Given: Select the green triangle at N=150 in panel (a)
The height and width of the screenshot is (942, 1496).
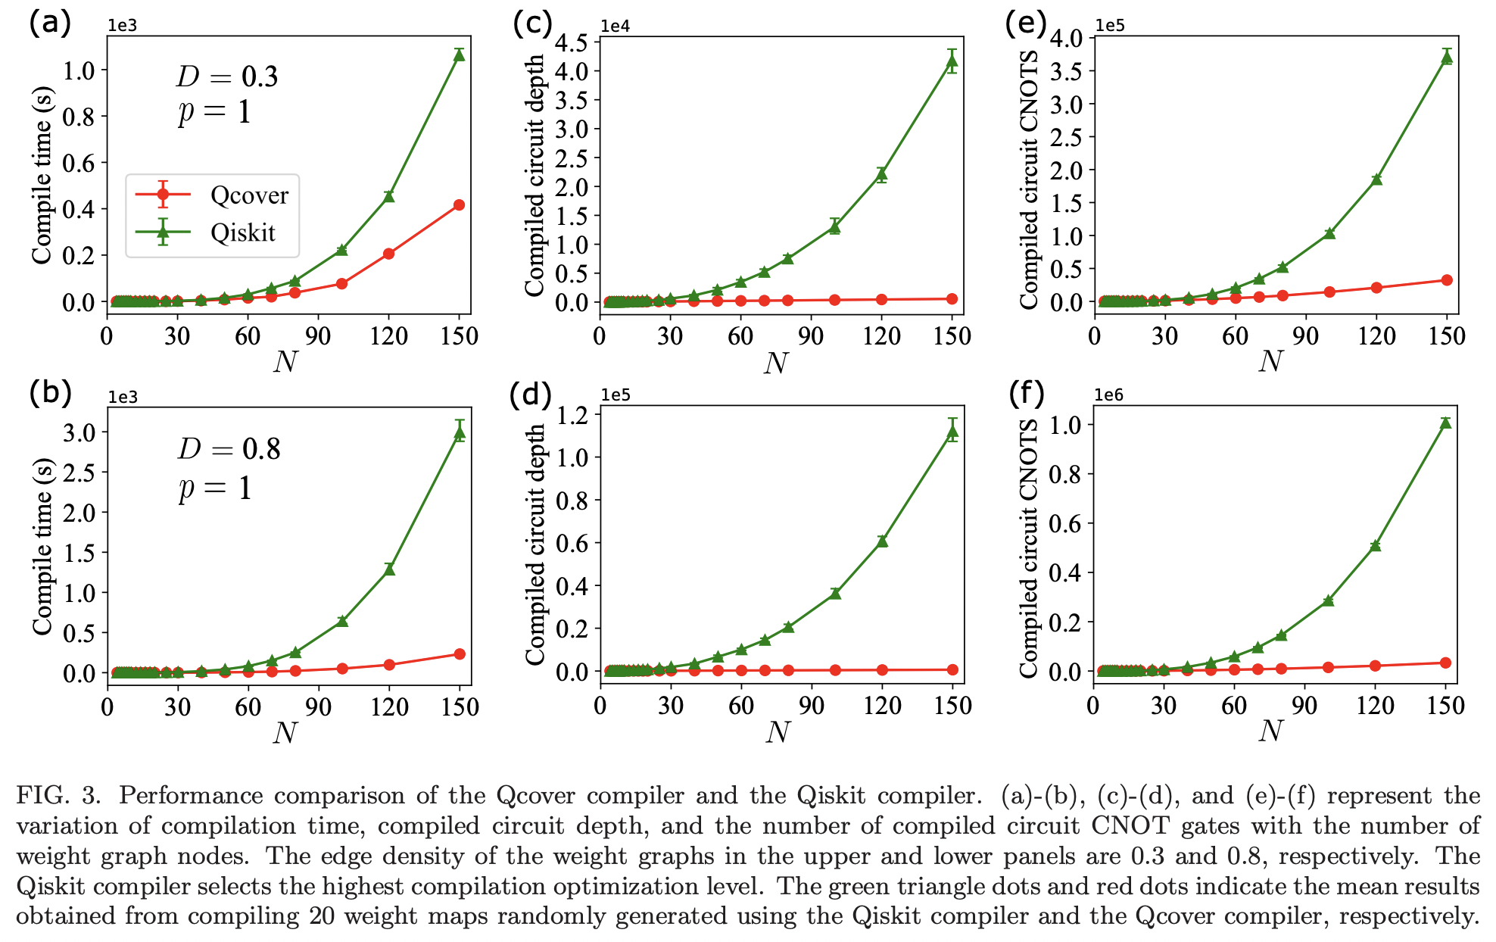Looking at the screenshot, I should click(459, 55).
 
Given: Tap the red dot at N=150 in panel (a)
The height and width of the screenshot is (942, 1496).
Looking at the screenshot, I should click(459, 205).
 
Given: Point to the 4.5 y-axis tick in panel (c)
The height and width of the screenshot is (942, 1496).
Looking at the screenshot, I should click(572, 42).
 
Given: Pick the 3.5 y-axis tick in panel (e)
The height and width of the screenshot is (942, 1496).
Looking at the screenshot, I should click(1066, 71).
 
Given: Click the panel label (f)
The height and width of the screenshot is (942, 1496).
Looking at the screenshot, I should click(1027, 393).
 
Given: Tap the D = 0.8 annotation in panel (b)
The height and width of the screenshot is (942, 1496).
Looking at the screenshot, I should click(229, 449).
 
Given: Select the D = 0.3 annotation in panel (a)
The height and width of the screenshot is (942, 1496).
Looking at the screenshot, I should click(227, 76).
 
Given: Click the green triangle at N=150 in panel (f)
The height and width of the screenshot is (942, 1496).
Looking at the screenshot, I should click(1445, 423).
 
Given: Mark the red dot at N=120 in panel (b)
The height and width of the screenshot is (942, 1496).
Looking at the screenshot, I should click(389, 665).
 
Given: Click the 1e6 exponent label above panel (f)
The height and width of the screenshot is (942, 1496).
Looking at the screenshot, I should click(1109, 395).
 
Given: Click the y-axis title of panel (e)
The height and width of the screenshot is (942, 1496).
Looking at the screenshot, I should click(1029, 180).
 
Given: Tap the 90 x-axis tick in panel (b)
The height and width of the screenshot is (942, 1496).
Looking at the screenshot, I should click(318, 707).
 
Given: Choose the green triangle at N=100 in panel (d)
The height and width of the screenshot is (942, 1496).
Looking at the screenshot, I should click(834, 593).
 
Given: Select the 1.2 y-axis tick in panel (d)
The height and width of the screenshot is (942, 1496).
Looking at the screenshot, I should click(572, 414).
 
